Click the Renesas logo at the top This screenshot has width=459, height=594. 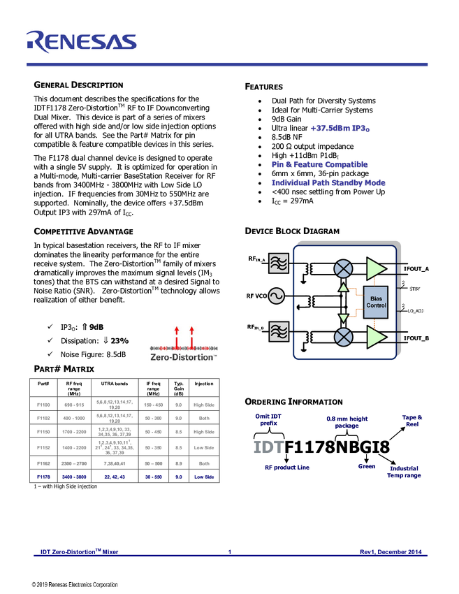click(81, 41)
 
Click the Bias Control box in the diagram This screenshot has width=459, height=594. click(376, 301)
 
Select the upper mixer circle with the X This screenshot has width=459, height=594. click(343, 268)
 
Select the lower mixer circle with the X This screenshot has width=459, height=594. click(343, 337)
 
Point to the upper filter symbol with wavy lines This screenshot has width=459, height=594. click(278, 263)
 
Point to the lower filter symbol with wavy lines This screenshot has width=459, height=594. click(278, 332)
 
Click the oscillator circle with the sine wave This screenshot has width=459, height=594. click(277, 297)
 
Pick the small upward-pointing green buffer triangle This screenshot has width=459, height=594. click(343, 287)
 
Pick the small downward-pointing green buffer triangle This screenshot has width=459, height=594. click(343, 319)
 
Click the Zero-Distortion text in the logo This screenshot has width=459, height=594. click(183, 358)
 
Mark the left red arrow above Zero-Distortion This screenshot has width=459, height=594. click(176, 335)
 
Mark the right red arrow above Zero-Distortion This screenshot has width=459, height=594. click(191, 335)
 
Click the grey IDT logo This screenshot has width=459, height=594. click(268, 447)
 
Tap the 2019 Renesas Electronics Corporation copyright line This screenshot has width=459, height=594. click(75, 585)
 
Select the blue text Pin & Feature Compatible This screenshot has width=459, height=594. click(319, 165)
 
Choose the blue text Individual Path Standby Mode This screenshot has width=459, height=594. click(328, 183)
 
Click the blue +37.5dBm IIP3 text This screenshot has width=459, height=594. click(340, 129)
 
